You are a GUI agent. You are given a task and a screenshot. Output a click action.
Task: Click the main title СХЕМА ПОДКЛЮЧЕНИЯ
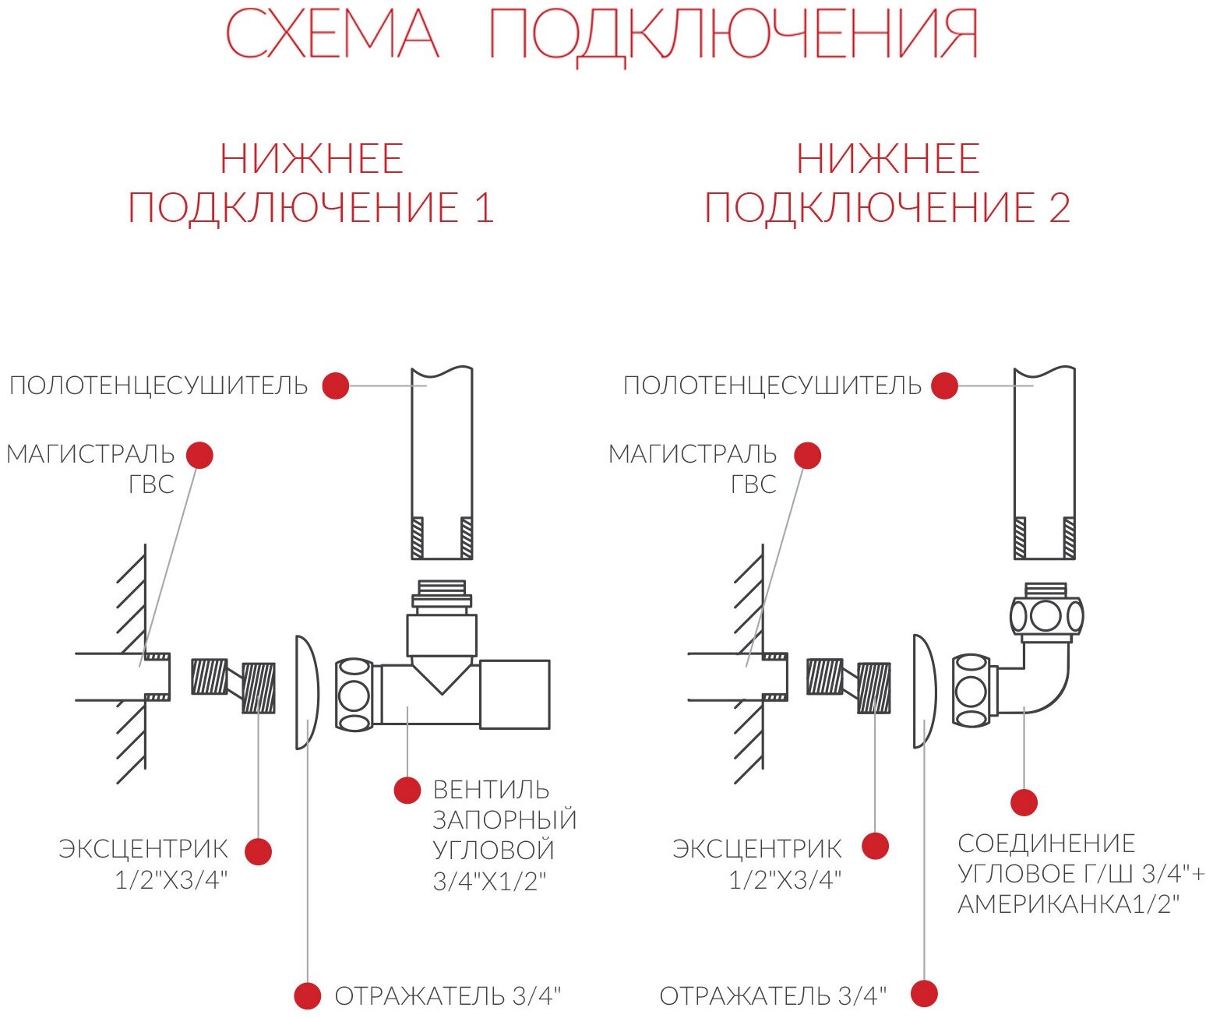click(x=601, y=34)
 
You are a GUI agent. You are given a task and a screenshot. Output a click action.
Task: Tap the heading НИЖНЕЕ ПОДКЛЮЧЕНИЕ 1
click(x=311, y=184)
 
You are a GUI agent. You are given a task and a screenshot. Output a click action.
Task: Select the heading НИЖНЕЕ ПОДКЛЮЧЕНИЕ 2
click(x=887, y=184)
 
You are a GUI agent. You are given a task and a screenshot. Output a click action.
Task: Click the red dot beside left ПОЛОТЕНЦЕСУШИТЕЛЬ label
click(x=336, y=386)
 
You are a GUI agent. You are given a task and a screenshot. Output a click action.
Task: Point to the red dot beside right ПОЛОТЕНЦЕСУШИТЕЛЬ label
click(x=944, y=386)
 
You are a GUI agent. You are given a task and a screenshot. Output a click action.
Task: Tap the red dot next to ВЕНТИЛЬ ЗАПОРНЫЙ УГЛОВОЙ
click(x=407, y=791)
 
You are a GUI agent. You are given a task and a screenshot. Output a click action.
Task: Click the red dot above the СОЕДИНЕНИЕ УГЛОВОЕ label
click(x=1024, y=802)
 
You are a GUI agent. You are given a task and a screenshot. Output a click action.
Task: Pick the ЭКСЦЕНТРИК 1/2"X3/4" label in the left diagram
click(x=143, y=864)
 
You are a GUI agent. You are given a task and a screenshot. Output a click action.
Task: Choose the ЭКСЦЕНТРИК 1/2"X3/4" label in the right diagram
click(x=757, y=864)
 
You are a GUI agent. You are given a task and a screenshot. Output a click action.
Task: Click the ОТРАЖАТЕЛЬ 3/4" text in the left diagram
click(x=447, y=995)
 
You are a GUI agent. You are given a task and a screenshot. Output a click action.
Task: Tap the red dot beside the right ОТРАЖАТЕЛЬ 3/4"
click(x=925, y=994)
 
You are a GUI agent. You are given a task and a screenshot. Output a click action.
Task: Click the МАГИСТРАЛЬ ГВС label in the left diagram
click(x=91, y=468)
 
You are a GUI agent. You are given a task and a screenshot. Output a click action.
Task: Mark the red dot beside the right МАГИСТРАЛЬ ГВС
click(x=808, y=456)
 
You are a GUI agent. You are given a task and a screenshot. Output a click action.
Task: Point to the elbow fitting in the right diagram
click(x=1040, y=678)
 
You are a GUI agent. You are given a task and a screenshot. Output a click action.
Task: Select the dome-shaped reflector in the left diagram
click(x=306, y=692)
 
